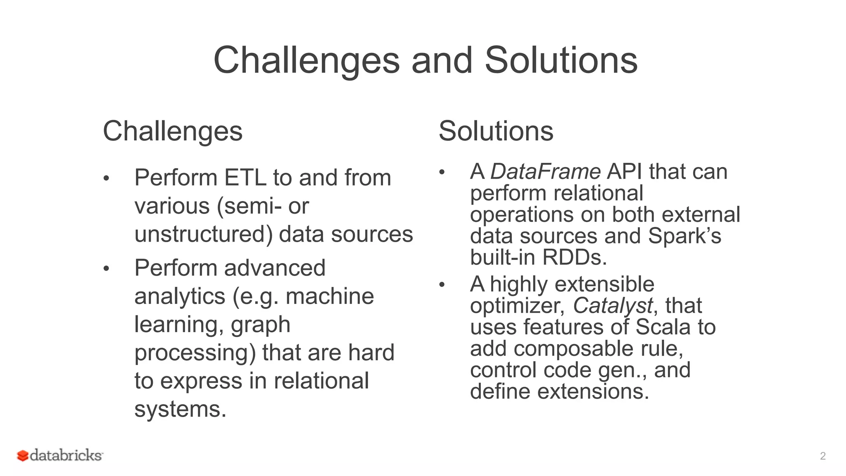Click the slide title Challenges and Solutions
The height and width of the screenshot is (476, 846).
(425, 60)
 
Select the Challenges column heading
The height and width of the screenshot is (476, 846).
(173, 131)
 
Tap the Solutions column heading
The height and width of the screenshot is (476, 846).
(496, 131)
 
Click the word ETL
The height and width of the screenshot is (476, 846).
(245, 178)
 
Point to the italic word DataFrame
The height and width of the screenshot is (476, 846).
(545, 171)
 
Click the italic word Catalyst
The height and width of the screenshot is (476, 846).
(613, 305)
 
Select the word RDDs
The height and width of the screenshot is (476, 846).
(574, 257)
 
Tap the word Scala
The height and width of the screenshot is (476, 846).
(663, 327)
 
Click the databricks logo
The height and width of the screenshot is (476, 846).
(60, 455)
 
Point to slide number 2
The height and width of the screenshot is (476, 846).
(822, 456)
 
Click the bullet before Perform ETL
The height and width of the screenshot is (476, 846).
(106, 178)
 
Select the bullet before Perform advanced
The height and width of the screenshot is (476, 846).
(106, 269)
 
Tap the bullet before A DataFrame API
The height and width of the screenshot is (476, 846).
(442, 172)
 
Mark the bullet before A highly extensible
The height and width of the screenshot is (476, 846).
(442, 285)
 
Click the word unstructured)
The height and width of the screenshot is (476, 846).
(204, 234)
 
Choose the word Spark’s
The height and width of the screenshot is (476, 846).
(684, 236)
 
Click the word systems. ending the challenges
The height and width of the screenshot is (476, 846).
(181, 409)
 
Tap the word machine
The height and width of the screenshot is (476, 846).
(330, 296)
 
